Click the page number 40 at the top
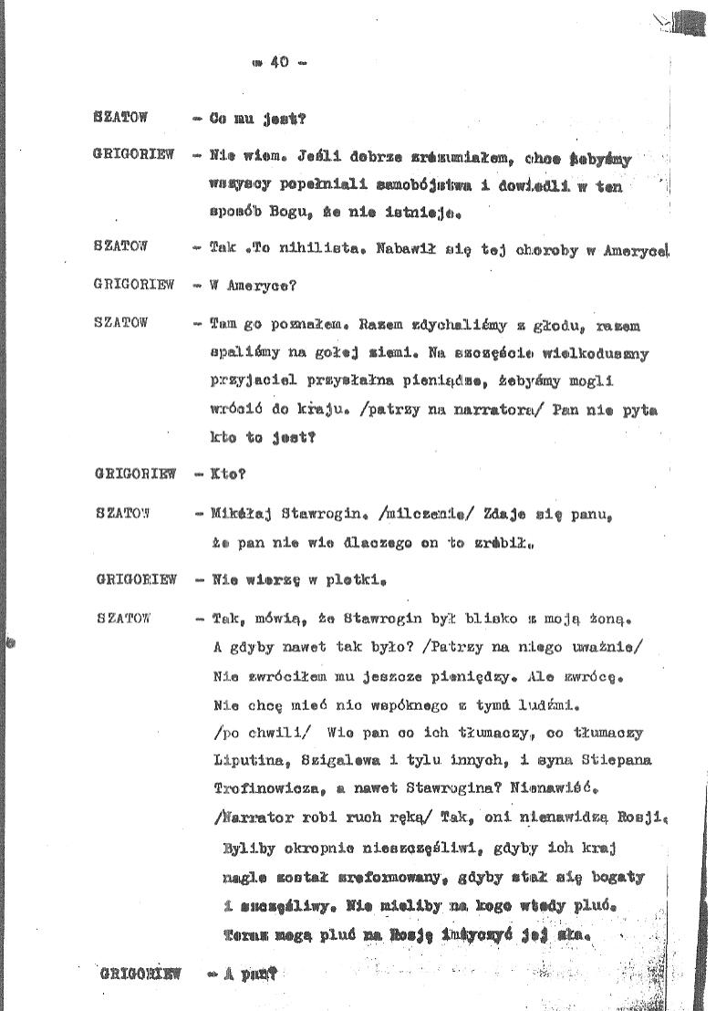pyautogui.click(x=279, y=63)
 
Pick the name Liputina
pyautogui.click(x=244, y=760)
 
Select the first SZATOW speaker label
pyautogui.click(x=120, y=118)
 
